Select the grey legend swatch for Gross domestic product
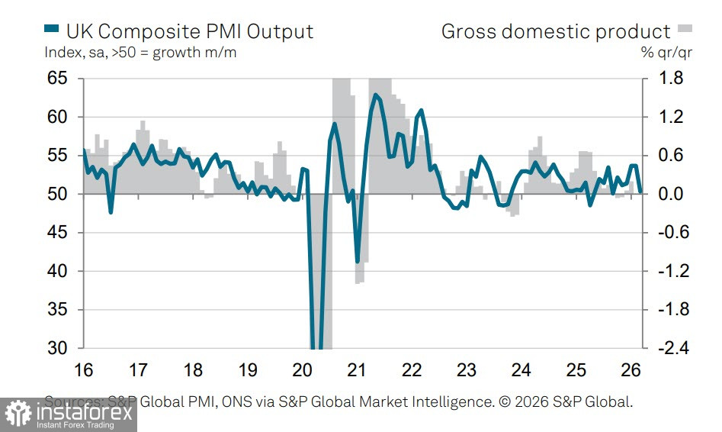click(685, 30)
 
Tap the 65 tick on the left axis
click(57, 79)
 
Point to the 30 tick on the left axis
click(57, 348)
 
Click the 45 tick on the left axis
click(57, 233)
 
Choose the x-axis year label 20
click(303, 371)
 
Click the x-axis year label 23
click(467, 371)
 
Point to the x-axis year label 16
click(83, 371)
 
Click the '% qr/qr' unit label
click(666, 53)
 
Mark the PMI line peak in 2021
click(375, 95)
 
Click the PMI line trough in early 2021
click(358, 262)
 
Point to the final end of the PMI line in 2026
click(640, 192)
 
